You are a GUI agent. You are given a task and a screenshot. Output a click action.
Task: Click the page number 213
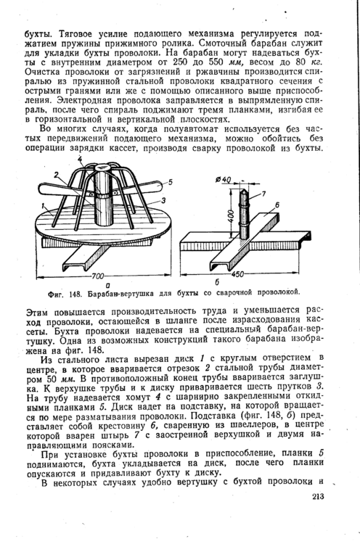318,497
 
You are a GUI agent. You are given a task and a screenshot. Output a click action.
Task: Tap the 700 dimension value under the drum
98,276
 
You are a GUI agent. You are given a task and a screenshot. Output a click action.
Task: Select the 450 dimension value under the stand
237,274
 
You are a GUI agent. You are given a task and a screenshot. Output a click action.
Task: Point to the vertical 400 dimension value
232,218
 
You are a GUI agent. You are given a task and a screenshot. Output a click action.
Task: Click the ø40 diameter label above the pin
223,179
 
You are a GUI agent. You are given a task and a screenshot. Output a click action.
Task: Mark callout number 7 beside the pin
263,194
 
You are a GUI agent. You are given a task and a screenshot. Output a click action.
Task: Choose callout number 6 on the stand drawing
277,205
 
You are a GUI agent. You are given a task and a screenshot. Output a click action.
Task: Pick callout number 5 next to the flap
171,182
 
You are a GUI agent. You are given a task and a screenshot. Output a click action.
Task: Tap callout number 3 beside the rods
163,200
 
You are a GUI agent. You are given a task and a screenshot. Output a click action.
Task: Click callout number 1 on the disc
42,206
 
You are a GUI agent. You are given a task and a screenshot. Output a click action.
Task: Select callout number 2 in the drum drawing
56,174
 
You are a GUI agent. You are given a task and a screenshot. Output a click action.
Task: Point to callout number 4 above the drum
80,160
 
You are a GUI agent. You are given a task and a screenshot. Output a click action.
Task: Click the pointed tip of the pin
244,189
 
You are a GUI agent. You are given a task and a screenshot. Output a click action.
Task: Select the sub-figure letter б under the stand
217,281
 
